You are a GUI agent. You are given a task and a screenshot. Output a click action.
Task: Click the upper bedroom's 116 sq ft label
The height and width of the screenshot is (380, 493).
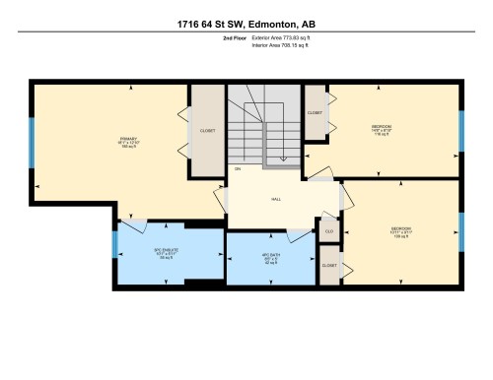(382, 135)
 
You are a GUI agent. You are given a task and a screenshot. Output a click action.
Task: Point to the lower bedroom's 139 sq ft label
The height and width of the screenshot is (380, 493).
(401, 236)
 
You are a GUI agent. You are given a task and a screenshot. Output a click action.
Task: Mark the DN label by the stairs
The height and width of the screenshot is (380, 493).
(238, 169)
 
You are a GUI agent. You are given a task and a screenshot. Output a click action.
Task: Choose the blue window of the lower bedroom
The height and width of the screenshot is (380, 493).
(460, 232)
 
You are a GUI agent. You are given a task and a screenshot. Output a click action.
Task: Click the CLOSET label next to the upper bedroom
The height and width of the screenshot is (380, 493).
(315, 113)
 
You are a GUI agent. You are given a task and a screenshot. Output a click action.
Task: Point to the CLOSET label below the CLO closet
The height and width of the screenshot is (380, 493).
(328, 266)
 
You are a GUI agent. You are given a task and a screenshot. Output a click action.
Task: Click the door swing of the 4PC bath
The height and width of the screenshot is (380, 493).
(296, 236)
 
